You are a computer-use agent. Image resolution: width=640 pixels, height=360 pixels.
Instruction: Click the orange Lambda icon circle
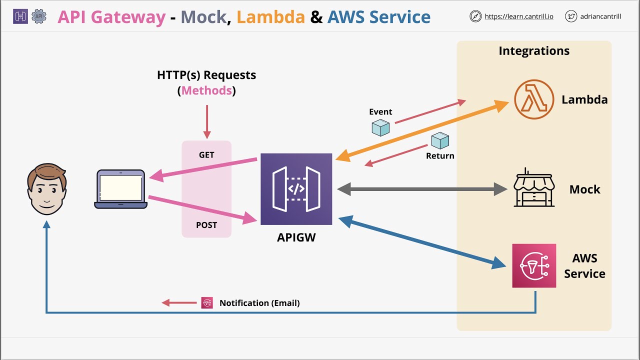pyautogui.click(x=534, y=99)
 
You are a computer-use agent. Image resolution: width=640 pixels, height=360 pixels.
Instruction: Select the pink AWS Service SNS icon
pyautogui.click(x=534, y=265)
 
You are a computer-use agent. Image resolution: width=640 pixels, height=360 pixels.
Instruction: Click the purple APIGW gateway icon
pyautogui.click(x=296, y=189)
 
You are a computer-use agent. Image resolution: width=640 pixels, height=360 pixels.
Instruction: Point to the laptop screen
pyautogui.click(x=120, y=187)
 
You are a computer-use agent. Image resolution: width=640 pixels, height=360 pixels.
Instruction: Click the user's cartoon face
pyautogui.click(x=46, y=189)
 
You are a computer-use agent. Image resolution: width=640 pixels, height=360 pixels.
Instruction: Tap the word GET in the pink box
pyautogui.click(x=206, y=155)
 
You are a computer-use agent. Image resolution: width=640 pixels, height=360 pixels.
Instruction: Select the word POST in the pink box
pyautogui.click(x=206, y=225)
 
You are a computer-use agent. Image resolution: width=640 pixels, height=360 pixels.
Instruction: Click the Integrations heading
pyautogui.click(x=534, y=51)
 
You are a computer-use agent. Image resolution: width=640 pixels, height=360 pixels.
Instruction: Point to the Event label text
pyautogui.click(x=380, y=112)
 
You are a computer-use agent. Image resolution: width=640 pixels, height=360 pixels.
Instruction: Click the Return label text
pyautogui.click(x=440, y=156)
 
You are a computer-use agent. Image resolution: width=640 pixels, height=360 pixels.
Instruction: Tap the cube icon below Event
pyautogui.click(x=380, y=127)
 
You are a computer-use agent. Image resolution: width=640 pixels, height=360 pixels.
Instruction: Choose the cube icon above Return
pyautogui.click(x=440, y=140)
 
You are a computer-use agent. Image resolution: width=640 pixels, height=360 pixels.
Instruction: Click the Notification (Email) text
pyautogui.click(x=259, y=303)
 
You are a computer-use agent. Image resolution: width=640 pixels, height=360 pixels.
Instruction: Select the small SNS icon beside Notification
pyautogui.click(x=207, y=302)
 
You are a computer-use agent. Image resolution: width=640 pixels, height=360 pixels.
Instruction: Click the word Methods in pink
pyautogui.click(x=206, y=90)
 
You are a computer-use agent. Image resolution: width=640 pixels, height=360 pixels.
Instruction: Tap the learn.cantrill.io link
pyautogui.click(x=519, y=16)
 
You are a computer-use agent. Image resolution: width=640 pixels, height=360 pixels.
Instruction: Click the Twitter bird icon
pyautogui.click(x=571, y=16)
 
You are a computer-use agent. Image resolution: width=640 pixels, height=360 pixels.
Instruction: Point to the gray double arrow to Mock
pyautogui.click(x=422, y=189)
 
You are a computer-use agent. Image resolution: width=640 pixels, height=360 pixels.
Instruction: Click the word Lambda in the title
pyautogui.click(x=270, y=17)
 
